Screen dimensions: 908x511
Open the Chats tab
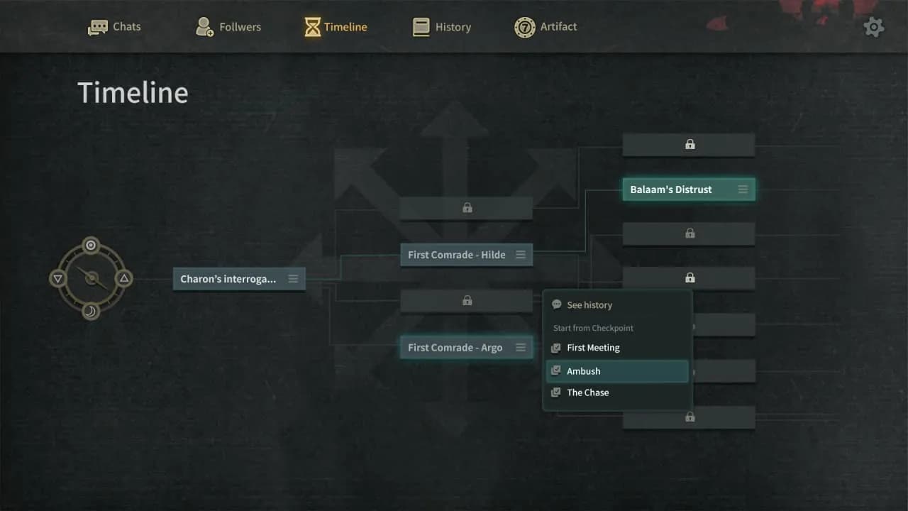click(x=114, y=27)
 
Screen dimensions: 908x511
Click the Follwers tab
click(x=228, y=27)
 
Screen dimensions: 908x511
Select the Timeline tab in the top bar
click(x=336, y=27)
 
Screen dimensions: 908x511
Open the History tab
click(x=441, y=27)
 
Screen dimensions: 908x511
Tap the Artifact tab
click(x=546, y=27)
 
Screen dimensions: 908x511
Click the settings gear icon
click(x=873, y=28)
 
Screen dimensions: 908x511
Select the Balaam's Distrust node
click(x=689, y=189)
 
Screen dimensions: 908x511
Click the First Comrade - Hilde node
click(x=466, y=255)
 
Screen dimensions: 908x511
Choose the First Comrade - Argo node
click(x=466, y=348)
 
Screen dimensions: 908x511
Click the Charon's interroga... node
click(x=239, y=279)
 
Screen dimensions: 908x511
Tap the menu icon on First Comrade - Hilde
click(x=521, y=255)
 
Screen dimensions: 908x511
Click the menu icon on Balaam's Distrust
click(x=743, y=189)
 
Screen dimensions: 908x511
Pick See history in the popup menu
click(x=582, y=305)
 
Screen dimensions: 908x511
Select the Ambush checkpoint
click(x=617, y=371)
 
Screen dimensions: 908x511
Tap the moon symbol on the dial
click(x=91, y=312)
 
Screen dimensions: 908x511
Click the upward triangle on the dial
click(x=124, y=278)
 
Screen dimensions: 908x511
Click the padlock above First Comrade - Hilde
click(x=467, y=208)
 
